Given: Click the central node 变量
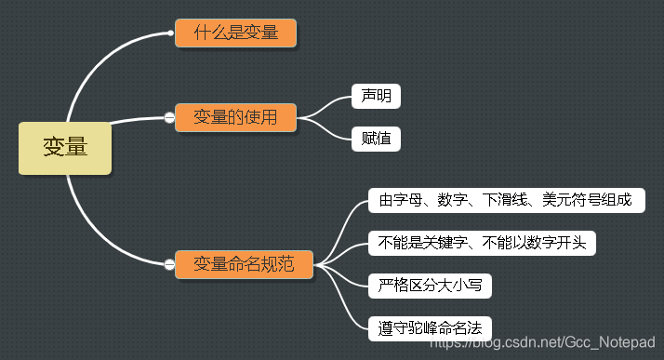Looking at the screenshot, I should click(x=65, y=147).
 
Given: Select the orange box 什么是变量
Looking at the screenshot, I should click(x=235, y=33).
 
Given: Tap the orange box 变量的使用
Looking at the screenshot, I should click(x=235, y=117).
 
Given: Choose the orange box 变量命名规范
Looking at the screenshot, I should click(x=244, y=264).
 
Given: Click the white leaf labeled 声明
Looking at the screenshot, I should click(x=377, y=96).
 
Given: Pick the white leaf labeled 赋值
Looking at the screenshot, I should click(x=377, y=140).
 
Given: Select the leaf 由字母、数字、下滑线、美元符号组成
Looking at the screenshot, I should click(x=506, y=200).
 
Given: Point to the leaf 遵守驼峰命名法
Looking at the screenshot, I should click(x=429, y=327).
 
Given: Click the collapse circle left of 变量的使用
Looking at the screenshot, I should click(x=169, y=117).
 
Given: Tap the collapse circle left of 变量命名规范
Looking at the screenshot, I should click(x=169, y=265).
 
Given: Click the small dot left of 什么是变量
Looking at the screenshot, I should click(x=170, y=33).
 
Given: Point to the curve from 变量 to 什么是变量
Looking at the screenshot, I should click(x=93, y=65).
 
